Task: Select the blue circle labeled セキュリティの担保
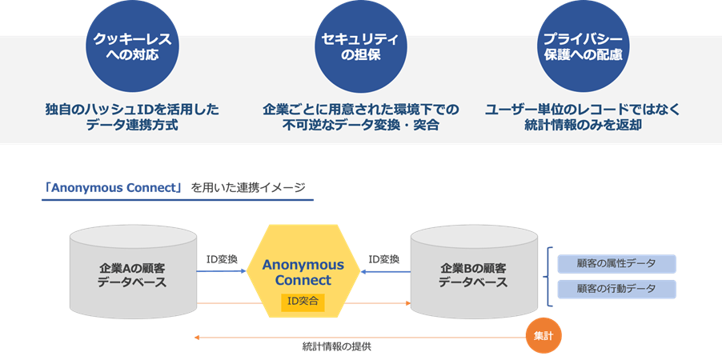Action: tap(360, 46)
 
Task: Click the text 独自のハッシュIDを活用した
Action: tap(132, 109)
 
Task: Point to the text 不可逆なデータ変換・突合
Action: tap(360, 126)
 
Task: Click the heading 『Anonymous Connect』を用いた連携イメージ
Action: tap(174, 188)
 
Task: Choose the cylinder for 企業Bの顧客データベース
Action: tap(472, 273)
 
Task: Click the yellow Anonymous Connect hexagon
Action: tap(303, 272)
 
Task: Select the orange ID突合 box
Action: tap(303, 302)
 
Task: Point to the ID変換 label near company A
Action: tap(222, 260)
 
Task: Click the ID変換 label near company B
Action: tap(384, 260)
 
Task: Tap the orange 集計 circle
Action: tap(543, 337)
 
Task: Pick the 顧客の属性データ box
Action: tap(616, 263)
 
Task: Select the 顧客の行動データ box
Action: tap(616, 289)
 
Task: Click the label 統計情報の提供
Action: tap(337, 347)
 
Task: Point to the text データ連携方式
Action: tap(132, 126)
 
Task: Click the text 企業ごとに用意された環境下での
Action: tap(360, 109)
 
